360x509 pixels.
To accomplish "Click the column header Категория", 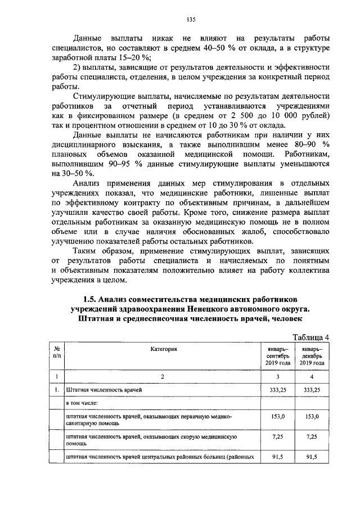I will [164, 349].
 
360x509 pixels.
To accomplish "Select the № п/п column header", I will [56, 352].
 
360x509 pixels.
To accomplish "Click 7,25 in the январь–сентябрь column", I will [278, 436].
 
